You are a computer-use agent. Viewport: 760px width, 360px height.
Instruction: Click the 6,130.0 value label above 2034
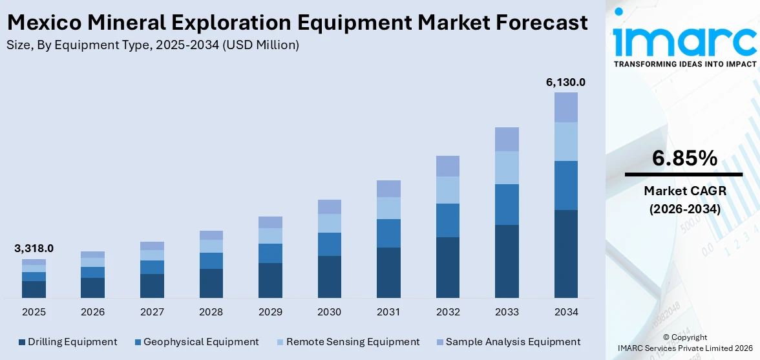565,82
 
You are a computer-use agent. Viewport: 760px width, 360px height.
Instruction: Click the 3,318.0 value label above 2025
34,248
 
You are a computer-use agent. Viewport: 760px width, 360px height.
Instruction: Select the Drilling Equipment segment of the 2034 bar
565,253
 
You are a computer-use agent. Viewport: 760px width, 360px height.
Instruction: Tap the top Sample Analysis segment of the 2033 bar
507,139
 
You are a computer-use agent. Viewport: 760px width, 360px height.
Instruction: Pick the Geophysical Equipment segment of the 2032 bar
447,220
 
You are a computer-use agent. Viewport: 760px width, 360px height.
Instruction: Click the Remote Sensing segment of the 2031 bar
388,208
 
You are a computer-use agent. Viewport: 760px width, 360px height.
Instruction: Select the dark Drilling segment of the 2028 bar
211,283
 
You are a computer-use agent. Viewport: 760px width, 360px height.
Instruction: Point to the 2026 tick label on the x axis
92,312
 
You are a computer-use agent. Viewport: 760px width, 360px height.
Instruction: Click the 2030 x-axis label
329,312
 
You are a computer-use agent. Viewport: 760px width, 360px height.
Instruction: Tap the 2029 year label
270,312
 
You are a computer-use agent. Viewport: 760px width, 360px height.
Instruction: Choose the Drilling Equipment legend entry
68,342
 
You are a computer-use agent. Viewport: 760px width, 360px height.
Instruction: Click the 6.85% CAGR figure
684,158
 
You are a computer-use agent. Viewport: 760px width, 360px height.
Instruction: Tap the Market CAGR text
684,191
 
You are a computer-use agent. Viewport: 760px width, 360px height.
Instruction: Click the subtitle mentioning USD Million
153,45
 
